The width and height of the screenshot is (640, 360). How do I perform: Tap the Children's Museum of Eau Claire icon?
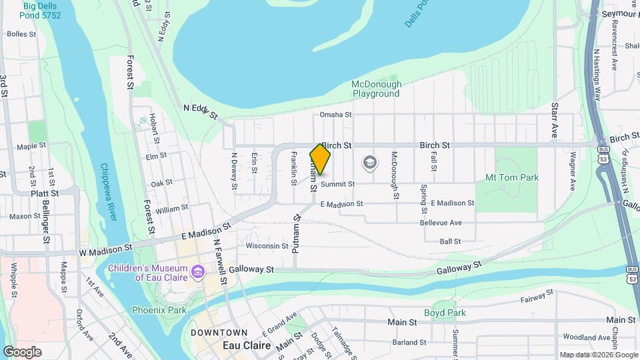pos(197,271)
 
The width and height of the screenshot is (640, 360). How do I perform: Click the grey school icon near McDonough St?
pos(369,163)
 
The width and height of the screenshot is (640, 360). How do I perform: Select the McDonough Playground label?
pos(377,89)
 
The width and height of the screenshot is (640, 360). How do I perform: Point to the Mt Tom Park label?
pos(511,177)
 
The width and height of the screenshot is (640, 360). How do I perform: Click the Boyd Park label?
pos(445,313)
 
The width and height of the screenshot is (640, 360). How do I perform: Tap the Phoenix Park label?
pos(159,309)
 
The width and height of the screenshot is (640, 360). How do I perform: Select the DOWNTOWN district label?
pos(219,332)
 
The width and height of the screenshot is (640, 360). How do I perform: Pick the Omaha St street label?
pos(335,115)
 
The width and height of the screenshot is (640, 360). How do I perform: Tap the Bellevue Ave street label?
pos(441,223)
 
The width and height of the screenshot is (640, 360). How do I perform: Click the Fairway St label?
pos(537,297)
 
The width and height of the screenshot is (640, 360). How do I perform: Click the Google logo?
pos(22,352)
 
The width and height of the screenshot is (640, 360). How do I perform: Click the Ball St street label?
pos(450,241)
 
